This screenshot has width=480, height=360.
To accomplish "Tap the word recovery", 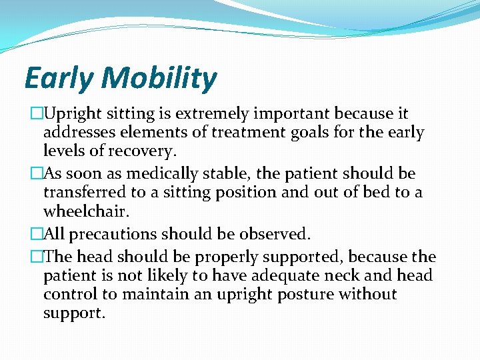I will pos(143,151).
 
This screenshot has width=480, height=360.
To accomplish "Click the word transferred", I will pos(85,193).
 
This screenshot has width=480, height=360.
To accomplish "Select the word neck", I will pos(346,275).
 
